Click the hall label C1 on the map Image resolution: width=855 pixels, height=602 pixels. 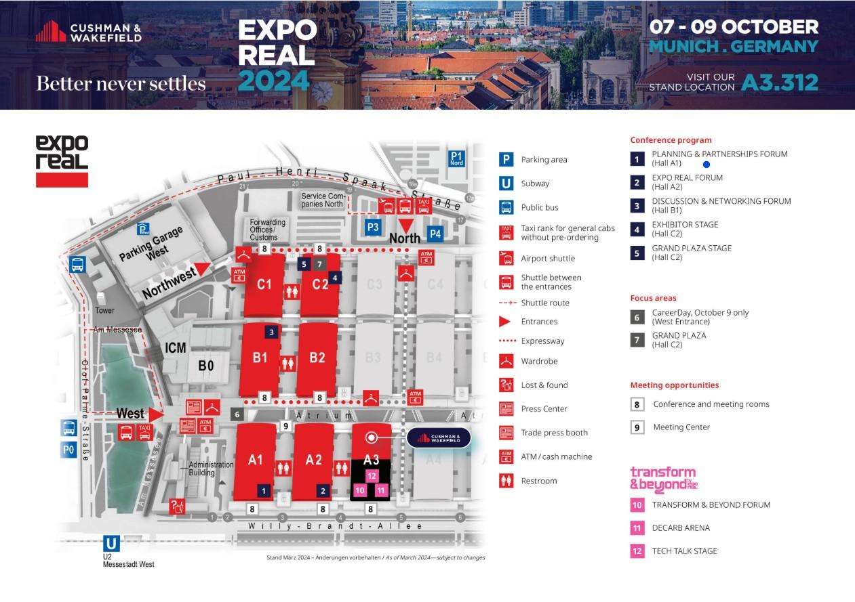264,284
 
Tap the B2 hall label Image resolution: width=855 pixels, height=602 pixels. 317,358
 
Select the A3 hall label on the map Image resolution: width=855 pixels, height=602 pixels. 371,460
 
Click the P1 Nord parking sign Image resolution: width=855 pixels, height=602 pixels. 457,158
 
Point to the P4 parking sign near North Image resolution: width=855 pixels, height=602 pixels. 435,235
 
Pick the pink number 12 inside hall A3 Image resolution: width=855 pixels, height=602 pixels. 371,476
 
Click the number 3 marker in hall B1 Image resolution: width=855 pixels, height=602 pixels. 271,332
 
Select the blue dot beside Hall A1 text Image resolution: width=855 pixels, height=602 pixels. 707,164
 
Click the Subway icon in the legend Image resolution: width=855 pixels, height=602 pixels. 506,184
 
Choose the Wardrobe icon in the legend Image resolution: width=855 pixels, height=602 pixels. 506,361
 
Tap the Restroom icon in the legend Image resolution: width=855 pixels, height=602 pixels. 506,481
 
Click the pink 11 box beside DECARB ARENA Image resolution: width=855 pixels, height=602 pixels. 637,528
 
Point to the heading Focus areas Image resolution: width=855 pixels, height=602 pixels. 653,298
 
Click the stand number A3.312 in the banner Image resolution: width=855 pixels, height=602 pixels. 779,82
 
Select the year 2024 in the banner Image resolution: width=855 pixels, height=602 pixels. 274,81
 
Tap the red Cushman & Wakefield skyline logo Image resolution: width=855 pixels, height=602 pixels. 51,31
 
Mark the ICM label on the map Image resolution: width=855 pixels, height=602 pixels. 176,347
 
